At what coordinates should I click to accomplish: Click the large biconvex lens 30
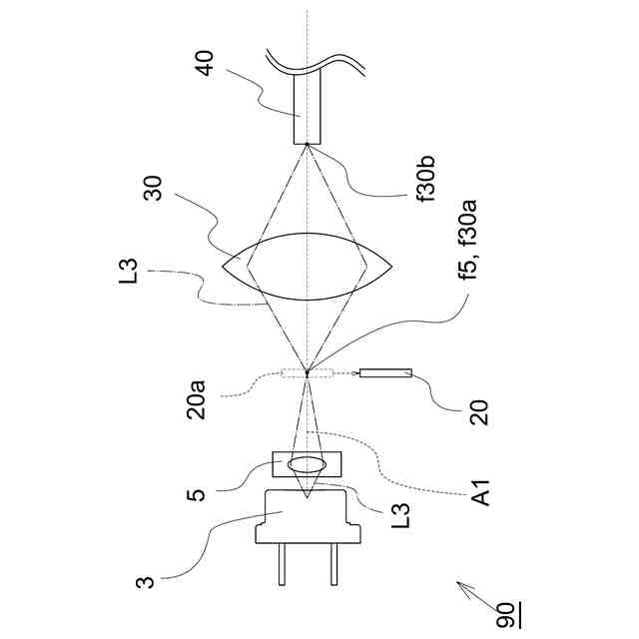(308, 268)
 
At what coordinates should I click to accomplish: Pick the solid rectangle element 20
(386, 374)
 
